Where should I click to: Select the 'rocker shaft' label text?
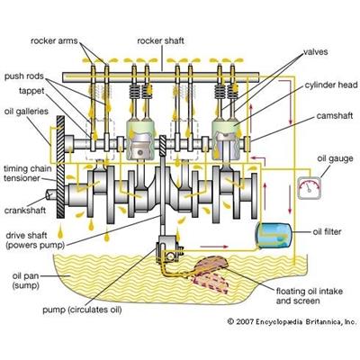162,40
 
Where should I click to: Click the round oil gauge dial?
309,190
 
